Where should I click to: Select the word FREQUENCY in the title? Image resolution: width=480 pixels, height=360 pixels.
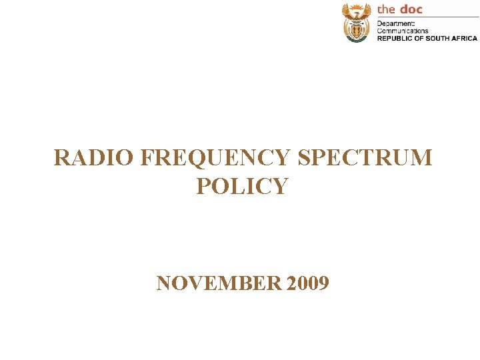[216, 158]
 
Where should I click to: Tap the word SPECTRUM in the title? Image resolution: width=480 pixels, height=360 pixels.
[365, 158]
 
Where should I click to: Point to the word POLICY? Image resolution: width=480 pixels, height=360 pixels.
[242, 186]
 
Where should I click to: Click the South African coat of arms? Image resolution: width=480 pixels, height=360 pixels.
[356, 22]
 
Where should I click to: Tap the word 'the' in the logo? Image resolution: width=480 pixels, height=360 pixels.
[386, 9]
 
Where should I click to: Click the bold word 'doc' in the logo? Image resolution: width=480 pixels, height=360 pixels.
[411, 9]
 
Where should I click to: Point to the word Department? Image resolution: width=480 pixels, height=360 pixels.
[396, 24]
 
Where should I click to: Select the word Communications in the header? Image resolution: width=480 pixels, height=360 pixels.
[403, 31]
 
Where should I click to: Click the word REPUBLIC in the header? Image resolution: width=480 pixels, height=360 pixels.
[395, 38]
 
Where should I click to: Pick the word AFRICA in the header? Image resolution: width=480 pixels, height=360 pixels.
[465, 38]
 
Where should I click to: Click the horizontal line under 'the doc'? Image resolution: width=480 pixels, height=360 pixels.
[427, 17]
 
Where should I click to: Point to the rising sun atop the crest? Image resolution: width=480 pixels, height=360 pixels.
[356, 5]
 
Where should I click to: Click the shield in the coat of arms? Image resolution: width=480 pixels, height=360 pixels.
[356, 29]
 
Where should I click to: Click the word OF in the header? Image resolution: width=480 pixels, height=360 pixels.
[420, 38]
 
